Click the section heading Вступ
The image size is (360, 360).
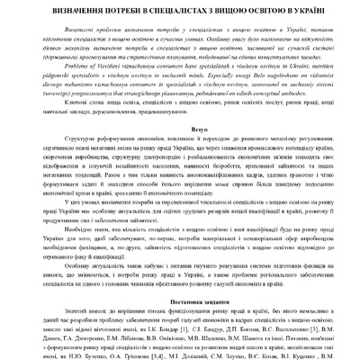(181, 130)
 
